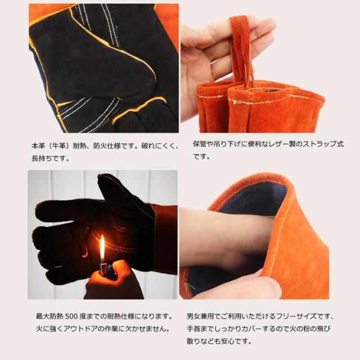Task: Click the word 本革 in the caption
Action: [x=38, y=146]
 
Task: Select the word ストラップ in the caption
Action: [x=319, y=144]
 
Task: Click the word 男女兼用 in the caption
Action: [x=200, y=316]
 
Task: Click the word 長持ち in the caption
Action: [x=42, y=158]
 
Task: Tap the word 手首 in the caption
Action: [x=193, y=328]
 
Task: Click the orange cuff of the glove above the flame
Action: [x=165, y=238]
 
